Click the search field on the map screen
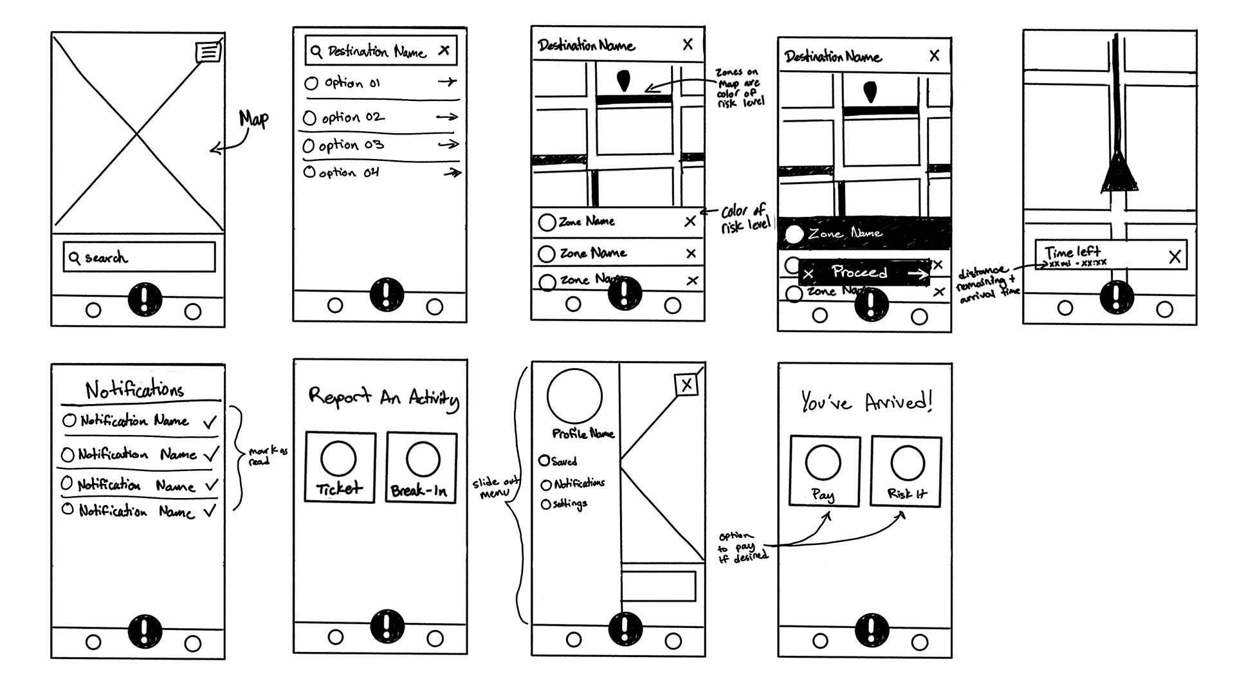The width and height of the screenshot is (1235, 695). [x=139, y=257]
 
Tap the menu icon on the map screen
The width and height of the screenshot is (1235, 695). [x=208, y=51]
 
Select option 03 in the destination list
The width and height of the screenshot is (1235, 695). [x=351, y=145]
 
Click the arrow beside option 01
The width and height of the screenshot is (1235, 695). [x=447, y=82]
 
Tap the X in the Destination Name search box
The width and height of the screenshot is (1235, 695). [x=444, y=50]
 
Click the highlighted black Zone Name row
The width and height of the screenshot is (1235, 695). [x=864, y=233]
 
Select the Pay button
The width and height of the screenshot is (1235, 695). [x=825, y=472]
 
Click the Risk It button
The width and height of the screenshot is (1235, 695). [x=906, y=472]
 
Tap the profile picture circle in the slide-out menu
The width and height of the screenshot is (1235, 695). [x=574, y=396]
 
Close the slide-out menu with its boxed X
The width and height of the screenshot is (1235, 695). [x=686, y=385]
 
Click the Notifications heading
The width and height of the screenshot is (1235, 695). [x=135, y=389]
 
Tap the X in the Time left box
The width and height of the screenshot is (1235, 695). [x=1175, y=257]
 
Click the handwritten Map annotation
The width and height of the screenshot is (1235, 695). [x=253, y=119]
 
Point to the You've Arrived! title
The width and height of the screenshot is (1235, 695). [x=866, y=402]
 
